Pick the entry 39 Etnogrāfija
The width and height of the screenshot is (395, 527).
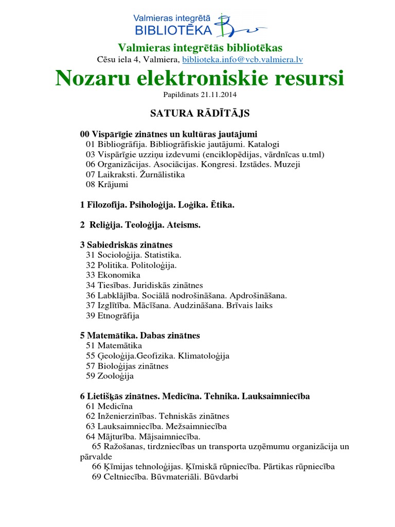113,315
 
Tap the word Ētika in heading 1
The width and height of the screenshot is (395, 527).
222,205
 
